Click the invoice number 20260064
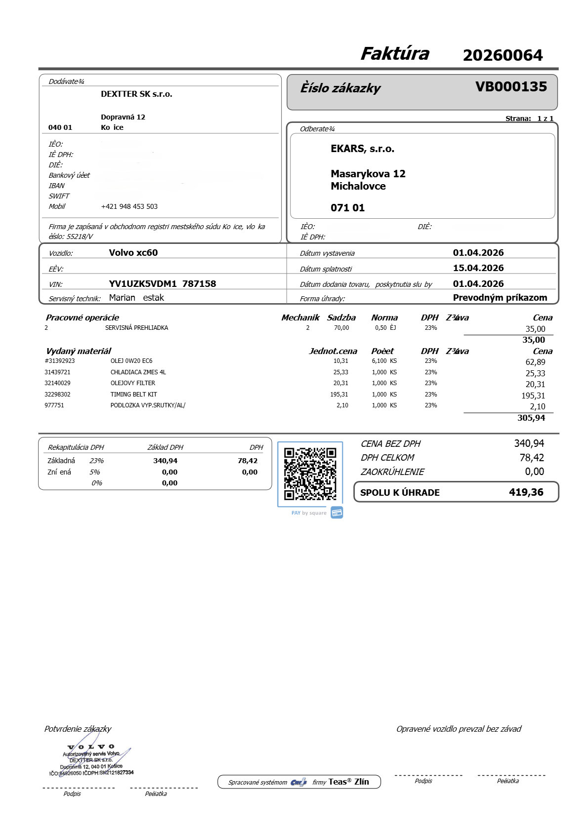(x=503, y=55)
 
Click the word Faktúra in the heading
(x=395, y=54)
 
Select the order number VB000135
(x=511, y=87)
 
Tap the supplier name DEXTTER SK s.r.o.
(x=136, y=94)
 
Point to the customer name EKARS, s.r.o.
(x=362, y=149)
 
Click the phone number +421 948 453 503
(x=129, y=206)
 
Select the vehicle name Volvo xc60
(x=133, y=253)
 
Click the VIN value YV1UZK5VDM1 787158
(x=162, y=284)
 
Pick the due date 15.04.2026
(x=478, y=268)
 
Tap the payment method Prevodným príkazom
(x=500, y=298)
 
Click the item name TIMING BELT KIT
(x=133, y=395)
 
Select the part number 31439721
(x=57, y=372)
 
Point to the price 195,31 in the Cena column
(x=533, y=396)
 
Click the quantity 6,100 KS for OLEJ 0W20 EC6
(x=384, y=361)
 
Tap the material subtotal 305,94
(x=531, y=418)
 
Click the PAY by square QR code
(x=310, y=474)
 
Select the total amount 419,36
(x=526, y=492)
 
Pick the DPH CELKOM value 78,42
(x=532, y=458)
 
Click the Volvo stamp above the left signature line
(x=92, y=760)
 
